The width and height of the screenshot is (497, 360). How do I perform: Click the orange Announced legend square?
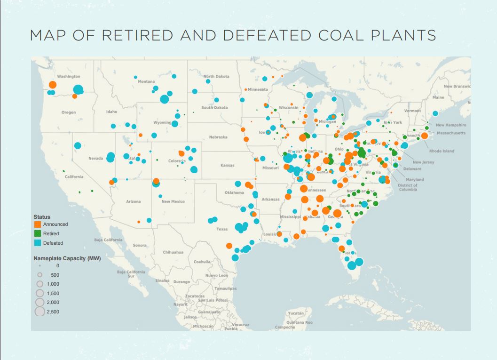point(38,224)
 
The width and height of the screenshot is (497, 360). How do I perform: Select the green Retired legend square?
point(38,233)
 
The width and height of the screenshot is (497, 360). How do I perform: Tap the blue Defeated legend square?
point(38,243)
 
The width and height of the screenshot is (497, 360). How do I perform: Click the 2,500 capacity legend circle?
point(40,312)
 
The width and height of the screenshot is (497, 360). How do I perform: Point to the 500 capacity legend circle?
point(40,275)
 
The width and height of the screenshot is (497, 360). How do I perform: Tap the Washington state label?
point(69,76)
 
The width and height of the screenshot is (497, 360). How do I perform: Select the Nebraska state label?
point(218,137)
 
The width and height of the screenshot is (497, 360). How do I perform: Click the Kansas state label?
point(227,166)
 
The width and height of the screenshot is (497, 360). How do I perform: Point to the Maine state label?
point(438,97)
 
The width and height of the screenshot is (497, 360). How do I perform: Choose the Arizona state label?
point(133,201)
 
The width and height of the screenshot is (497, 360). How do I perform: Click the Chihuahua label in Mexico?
point(173,252)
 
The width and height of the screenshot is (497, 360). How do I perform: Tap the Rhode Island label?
point(442,151)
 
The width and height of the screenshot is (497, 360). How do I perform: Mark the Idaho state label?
point(111,112)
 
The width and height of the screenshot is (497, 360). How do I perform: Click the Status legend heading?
point(42,217)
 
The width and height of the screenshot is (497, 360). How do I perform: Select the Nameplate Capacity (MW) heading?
point(67,258)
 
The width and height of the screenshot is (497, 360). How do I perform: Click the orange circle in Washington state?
point(53,85)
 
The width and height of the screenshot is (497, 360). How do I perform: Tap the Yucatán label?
point(296,313)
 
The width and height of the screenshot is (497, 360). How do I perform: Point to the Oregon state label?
point(68,112)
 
